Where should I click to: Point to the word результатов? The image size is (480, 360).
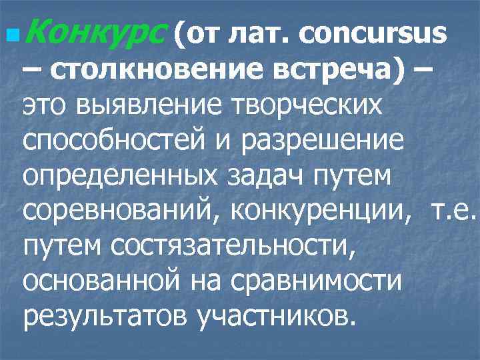coord(105,316)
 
